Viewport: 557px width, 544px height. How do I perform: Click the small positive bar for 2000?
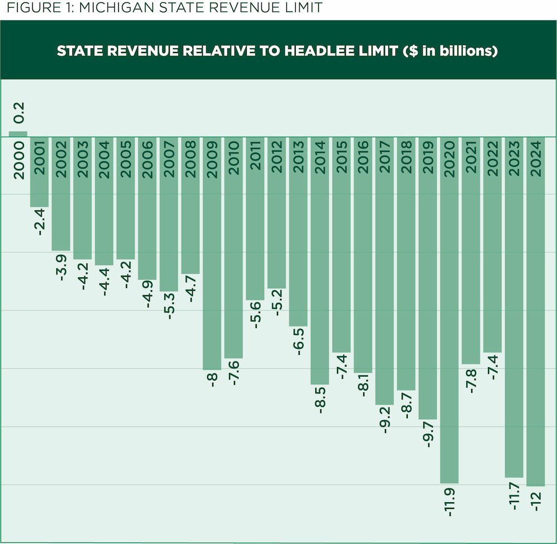tap(18, 134)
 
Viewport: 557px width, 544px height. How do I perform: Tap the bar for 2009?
tap(212, 279)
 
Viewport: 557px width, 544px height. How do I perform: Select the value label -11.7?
tap(515, 495)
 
